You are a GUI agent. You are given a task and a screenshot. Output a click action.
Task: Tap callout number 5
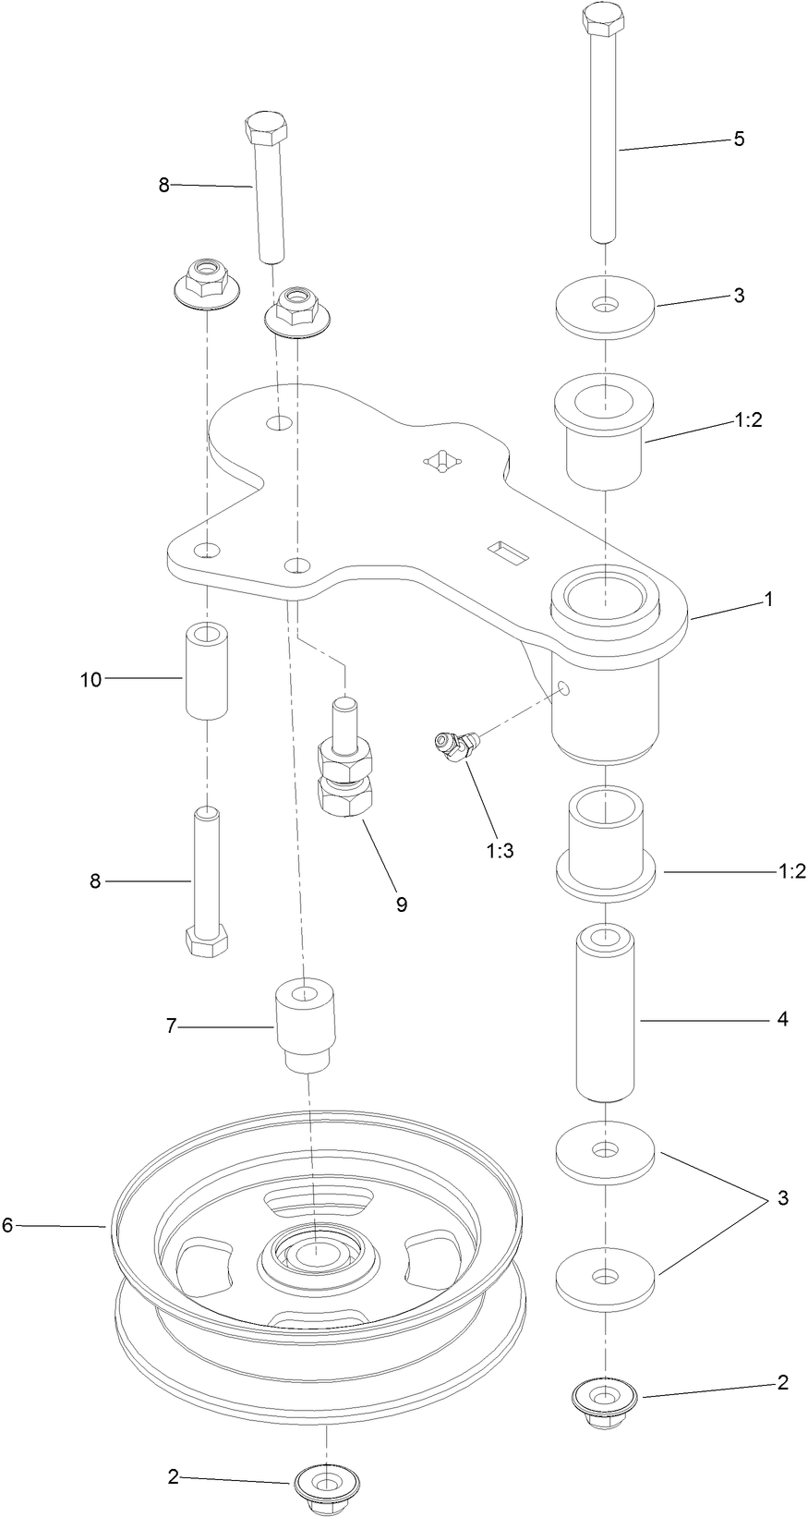point(738,140)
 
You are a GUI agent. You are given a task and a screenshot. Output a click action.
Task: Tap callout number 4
point(782,1020)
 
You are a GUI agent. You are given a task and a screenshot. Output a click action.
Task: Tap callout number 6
point(7,1225)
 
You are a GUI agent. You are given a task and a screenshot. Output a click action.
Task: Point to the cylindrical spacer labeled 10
point(207,671)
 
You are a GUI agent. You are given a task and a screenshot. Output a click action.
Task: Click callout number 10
point(90,680)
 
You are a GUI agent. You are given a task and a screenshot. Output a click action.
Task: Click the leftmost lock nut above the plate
point(204,280)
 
